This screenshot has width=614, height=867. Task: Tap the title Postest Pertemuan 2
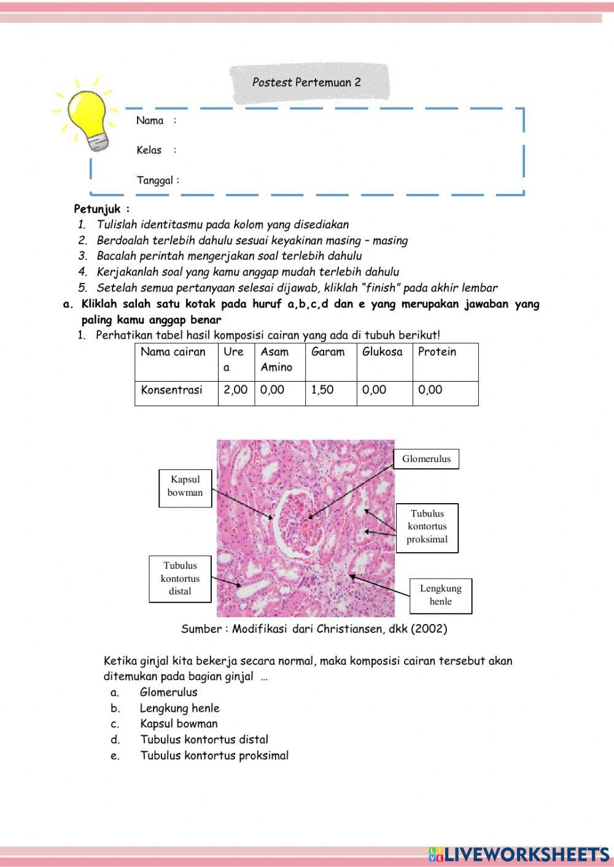point(306,82)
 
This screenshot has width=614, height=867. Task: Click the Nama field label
point(150,120)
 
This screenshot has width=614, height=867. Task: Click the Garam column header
point(328,352)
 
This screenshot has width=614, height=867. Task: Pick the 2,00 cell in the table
point(236,390)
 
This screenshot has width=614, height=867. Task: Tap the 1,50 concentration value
point(322,390)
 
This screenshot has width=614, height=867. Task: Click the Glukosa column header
point(383,352)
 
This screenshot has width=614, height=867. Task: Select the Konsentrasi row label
point(171,390)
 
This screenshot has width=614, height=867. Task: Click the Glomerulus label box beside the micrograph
point(426,459)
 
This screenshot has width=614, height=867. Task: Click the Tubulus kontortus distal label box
point(180,579)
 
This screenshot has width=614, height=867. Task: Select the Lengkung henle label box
point(440,595)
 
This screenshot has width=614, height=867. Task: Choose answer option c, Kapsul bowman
point(178,724)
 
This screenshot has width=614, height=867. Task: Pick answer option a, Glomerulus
point(168,692)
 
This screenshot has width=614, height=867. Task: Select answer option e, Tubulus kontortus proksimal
point(214,756)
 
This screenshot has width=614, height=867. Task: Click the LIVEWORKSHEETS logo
point(519,854)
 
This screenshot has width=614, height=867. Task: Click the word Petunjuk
point(98,209)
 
